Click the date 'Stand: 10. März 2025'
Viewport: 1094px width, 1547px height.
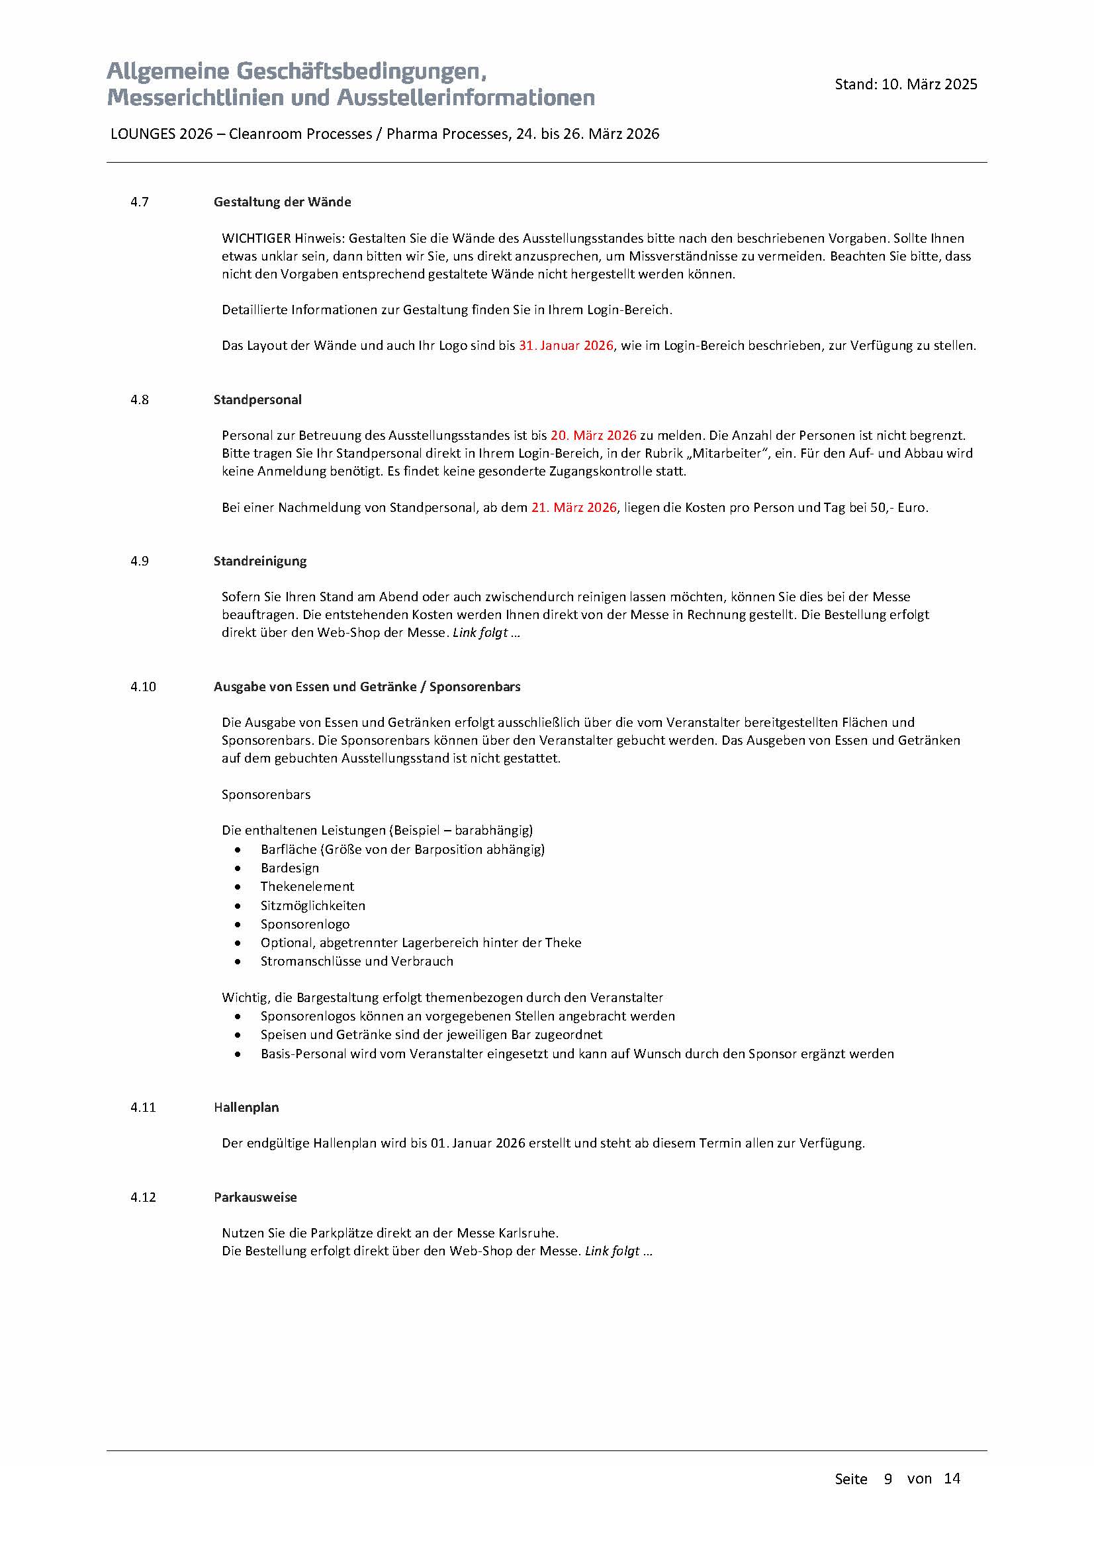tap(905, 84)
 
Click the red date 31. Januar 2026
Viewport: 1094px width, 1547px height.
tap(566, 346)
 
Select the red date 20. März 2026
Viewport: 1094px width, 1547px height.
tap(593, 435)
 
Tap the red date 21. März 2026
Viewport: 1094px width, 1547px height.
tap(574, 507)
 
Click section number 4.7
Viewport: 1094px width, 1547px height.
tap(140, 202)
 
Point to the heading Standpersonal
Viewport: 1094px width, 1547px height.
tap(257, 399)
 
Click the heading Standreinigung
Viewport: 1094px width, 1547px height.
tap(259, 561)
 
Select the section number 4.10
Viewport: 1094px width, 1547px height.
tap(143, 687)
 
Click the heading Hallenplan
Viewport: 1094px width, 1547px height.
tap(246, 1107)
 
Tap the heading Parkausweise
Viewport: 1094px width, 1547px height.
tap(255, 1196)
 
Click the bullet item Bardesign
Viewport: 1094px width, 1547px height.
tap(290, 868)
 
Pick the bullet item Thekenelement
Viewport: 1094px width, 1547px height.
tap(306, 886)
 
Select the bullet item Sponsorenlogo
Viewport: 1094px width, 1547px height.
tap(304, 924)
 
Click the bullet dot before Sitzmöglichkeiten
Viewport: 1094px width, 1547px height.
tap(238, 905)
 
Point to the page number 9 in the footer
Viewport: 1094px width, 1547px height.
tap(888, 1478)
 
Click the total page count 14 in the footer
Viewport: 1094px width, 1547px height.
tap(952, 1478)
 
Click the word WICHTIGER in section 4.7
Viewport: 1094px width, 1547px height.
tap(256, 239)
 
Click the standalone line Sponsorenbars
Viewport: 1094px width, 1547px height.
tap(265, 794)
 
